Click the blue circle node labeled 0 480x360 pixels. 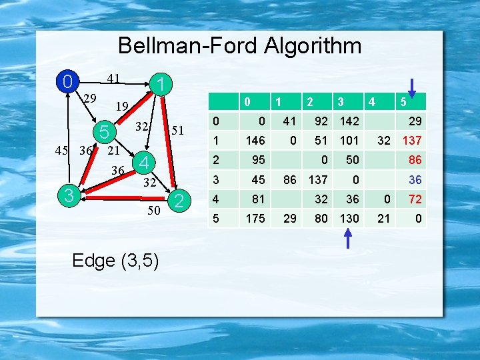click(x=66, y=82)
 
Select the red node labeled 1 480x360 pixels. click(x=160, y=85)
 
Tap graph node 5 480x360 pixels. click(x=104, y=131)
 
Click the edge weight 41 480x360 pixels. click(x=114, y=79)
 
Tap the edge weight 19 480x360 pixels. click(x=121, y=106)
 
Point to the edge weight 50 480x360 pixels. click(x=153, y=211)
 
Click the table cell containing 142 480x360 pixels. click(x=349, y=121)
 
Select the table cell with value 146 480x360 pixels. click(x=255, y=141)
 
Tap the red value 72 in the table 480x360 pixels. click(x=415, y=199)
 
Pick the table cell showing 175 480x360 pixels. click(x=255, y=218)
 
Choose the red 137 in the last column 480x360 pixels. click(x=411, y=141)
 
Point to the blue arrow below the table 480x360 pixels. click(x=348, y=238)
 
